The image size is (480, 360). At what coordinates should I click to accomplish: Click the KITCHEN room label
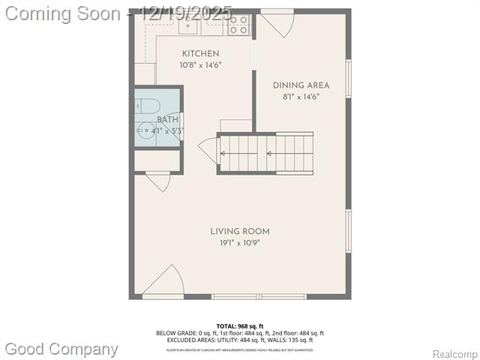(x=201, y=53)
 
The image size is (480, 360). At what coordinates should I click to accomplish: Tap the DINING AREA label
(x=301, y=85)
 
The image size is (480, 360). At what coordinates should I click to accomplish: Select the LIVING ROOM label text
(x=240, y=231)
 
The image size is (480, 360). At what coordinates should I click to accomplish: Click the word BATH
(x=168, y=120)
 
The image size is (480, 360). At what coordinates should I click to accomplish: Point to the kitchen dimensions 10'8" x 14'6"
(x=201, y=65)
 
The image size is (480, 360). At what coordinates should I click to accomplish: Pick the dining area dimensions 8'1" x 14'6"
(x=301, y=97)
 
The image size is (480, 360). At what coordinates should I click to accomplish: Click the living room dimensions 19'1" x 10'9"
(x=240, y=242)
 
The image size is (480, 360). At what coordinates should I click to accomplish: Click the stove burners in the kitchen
(x=238, y=25)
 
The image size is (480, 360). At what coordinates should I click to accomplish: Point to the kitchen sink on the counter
(x=187, y=26)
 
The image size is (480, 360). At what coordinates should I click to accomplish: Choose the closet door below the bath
(x=158, y=181)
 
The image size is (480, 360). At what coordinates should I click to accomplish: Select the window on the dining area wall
(x=348, y=79)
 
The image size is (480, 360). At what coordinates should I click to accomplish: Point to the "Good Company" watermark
(x=61, y=349)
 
